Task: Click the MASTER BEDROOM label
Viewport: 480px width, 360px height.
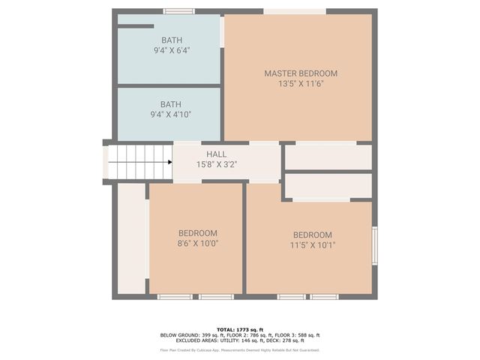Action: tap(301, 73)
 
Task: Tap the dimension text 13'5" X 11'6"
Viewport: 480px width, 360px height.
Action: tap(301, 84)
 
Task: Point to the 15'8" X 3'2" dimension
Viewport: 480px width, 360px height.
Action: tap(217, 164)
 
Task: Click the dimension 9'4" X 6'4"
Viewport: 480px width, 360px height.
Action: tap(171, 50)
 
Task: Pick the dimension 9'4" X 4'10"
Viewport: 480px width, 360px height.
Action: tap(171, 115)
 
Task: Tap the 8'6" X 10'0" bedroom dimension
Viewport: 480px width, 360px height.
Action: tap(198, 243)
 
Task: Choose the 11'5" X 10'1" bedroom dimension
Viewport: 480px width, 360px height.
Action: tap(313, 244)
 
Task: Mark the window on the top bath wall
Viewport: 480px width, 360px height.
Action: tap(179, 11)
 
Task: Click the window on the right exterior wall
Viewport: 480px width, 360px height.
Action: tap(374, 245)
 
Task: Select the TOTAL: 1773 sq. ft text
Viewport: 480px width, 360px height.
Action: tap(240, 329)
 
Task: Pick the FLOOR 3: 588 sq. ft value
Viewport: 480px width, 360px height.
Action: tap(301, 335)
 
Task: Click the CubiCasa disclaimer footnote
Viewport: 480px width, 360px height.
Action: tap(240, 349)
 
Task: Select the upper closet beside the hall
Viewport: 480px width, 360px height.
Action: tap(328, 157)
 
